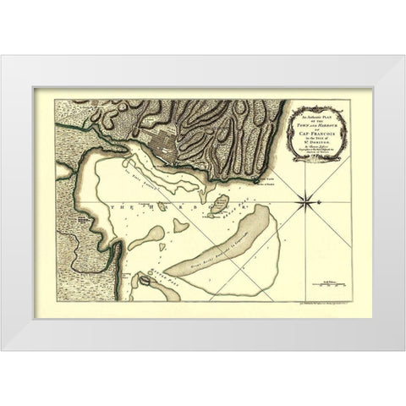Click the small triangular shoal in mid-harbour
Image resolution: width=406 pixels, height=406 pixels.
pyautogui.click(x=180, y=226)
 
